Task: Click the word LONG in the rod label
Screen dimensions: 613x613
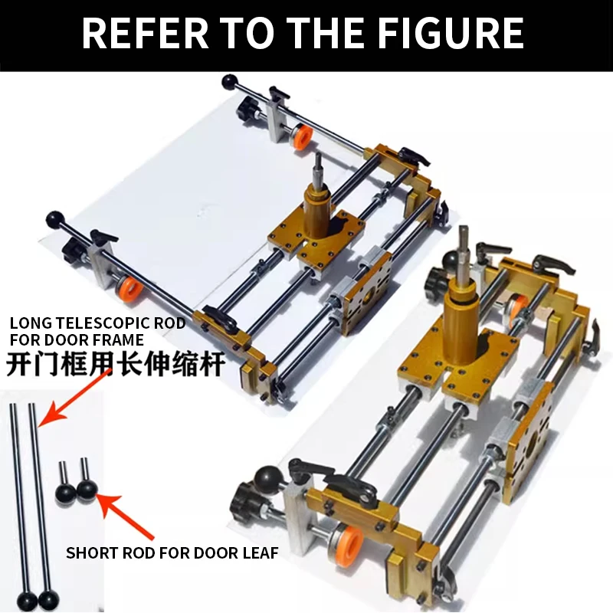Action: [x=31, y=323]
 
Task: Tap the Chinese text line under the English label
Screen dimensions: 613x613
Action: [x=115, y=363]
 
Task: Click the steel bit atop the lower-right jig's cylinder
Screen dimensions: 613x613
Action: [x=463, y=249]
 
